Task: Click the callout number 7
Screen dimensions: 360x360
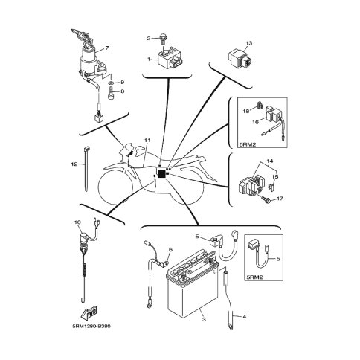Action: coord(107,48)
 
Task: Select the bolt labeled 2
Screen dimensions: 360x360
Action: coord(163,38)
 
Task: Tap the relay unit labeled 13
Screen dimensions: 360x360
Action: coord(240,59)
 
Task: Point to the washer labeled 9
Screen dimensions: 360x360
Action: coord(112,83)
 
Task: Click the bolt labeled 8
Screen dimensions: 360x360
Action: coord(111,94)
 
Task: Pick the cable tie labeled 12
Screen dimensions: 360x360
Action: coord(86,169)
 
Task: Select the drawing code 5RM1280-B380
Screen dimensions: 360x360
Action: coord(91,326)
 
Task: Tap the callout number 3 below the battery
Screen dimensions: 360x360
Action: coord(204,320)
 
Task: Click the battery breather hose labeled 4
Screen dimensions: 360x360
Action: coord(228,300)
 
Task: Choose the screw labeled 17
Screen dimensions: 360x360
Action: coord(266,200)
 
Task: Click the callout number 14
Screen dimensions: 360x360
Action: coord(270,161)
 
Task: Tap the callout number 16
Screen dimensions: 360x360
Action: coord(256,122)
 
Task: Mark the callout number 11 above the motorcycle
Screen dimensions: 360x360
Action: coord(147,141)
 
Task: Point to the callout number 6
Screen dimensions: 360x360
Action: coord(170,250)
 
